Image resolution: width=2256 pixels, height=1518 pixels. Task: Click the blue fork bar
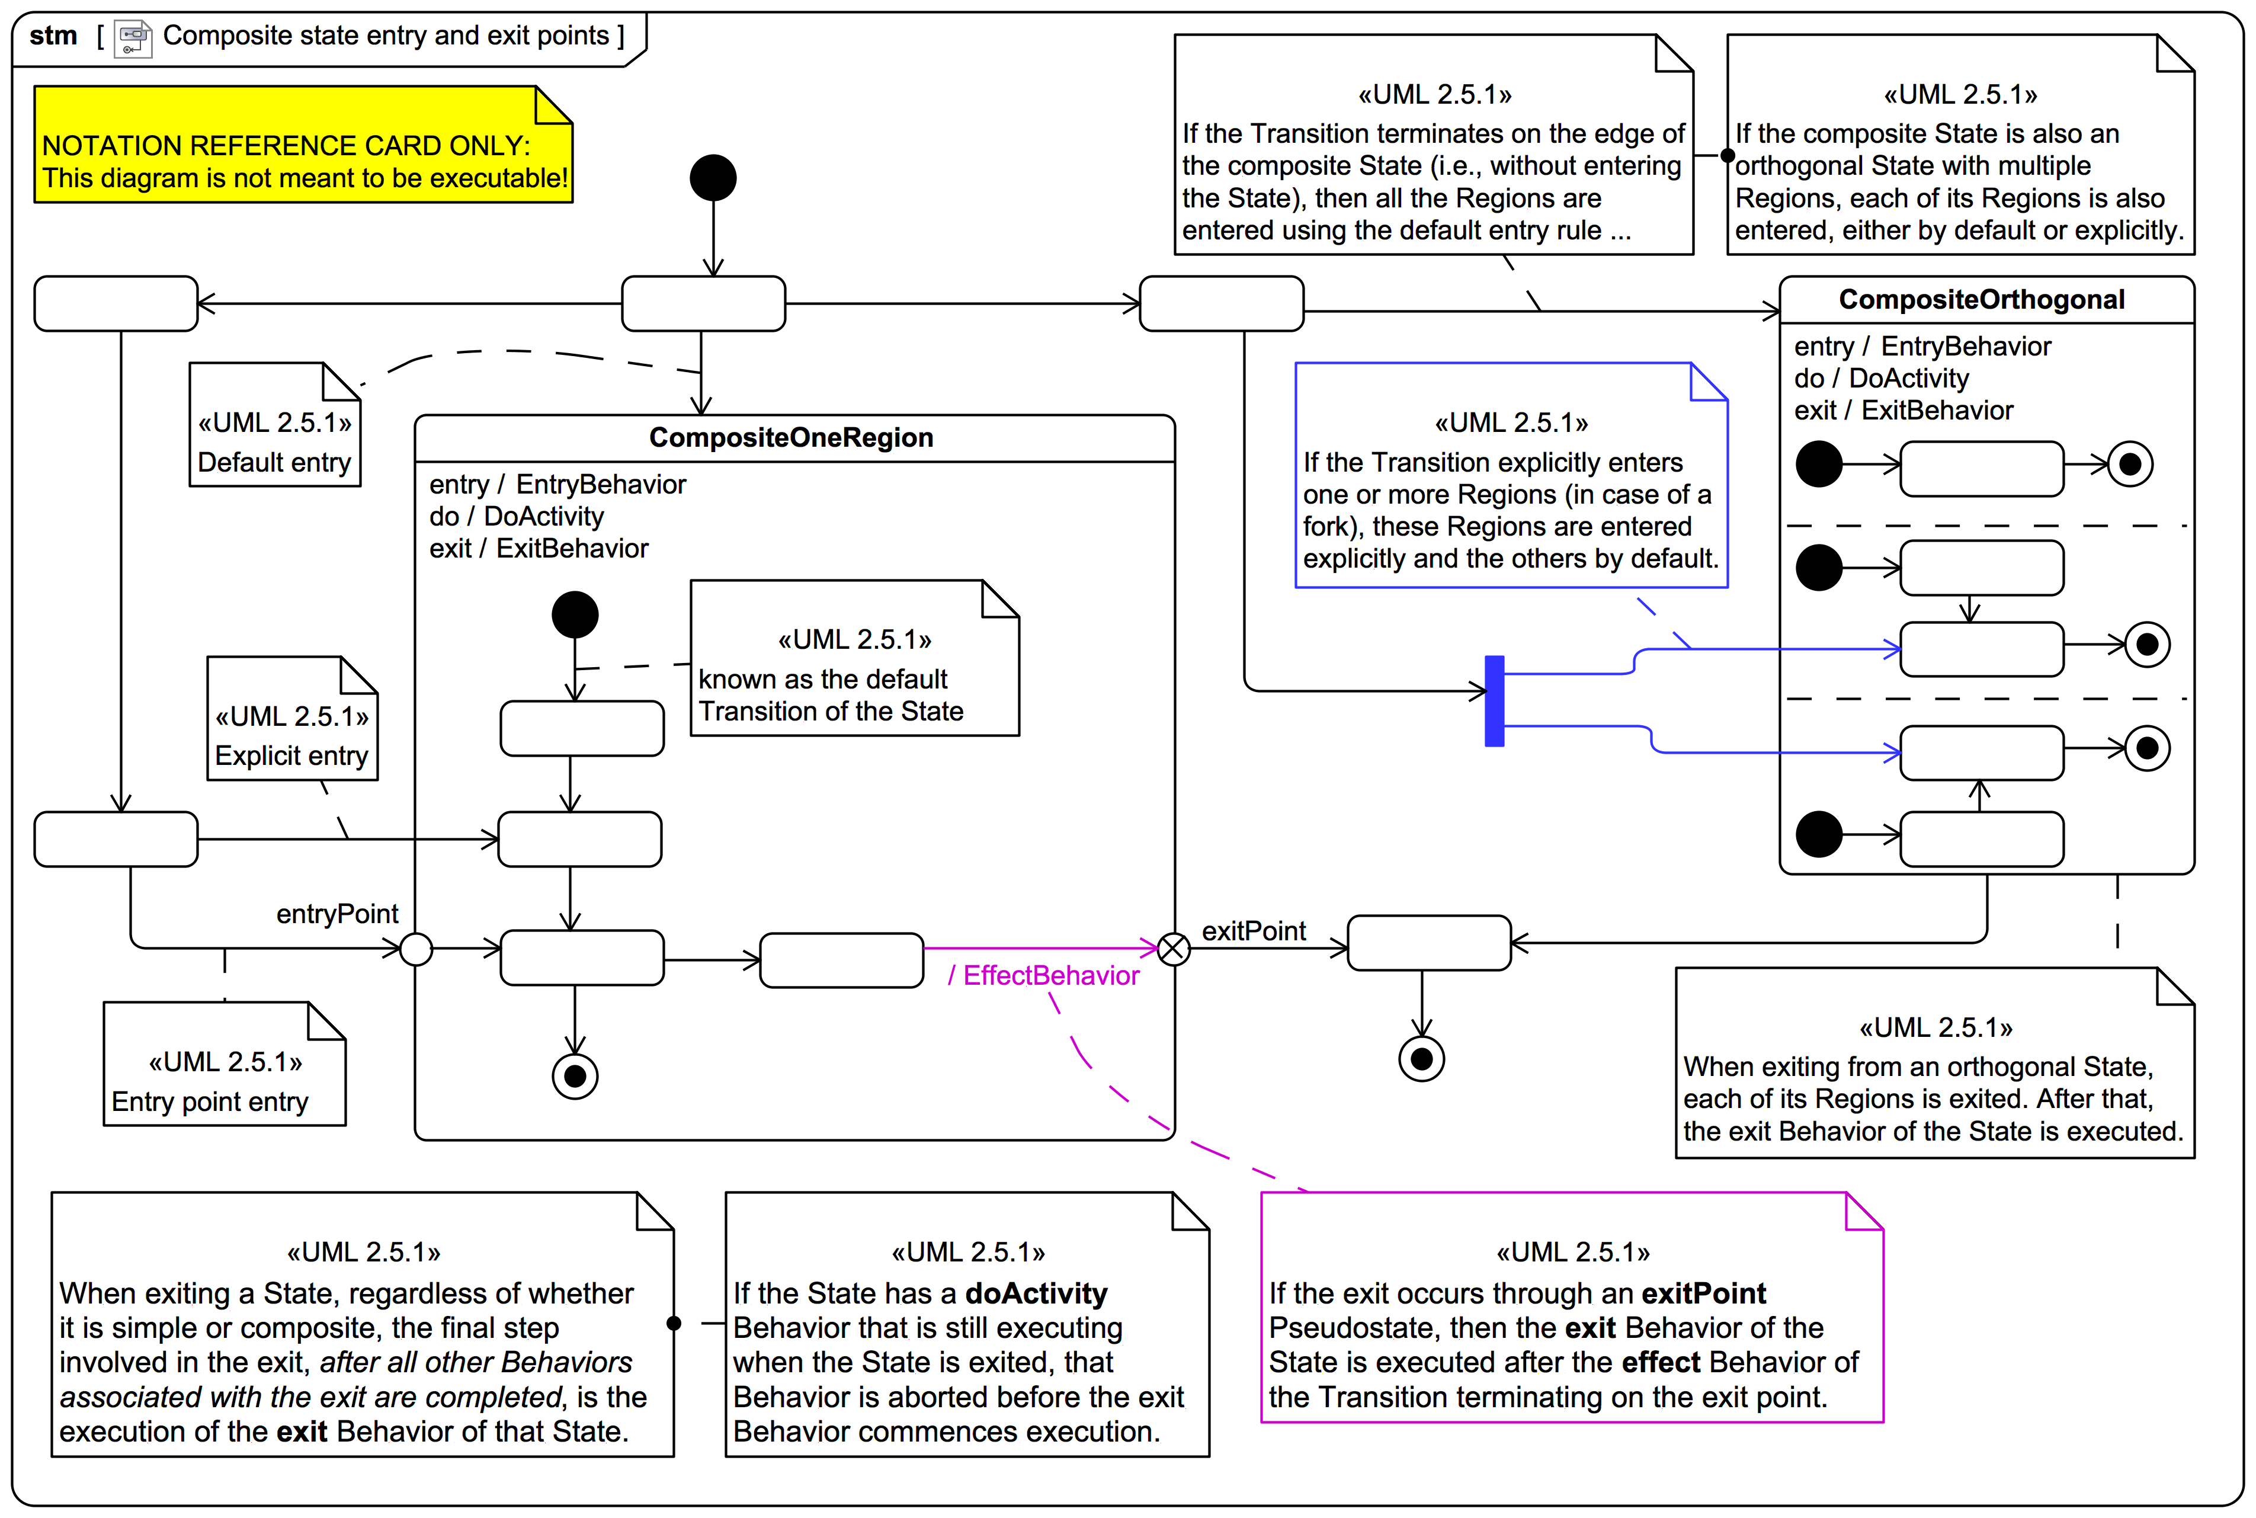[1494, 701]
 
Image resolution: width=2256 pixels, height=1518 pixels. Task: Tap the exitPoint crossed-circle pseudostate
[1174, 949]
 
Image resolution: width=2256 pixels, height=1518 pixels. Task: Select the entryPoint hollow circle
[416, 949]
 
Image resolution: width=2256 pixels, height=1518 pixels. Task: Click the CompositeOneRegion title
[791, 438]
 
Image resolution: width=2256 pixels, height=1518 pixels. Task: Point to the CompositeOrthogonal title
[1981, 300]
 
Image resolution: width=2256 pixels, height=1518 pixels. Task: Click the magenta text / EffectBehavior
[1043, 976]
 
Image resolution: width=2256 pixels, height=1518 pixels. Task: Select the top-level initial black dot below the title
[713, 178]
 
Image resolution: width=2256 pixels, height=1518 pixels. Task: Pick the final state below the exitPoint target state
[1422, 1059]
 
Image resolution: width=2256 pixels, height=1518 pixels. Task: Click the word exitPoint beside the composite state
[1254, 931]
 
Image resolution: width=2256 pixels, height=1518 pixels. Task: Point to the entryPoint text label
[337, 914]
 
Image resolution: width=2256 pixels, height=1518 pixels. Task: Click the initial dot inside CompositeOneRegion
[575, 615]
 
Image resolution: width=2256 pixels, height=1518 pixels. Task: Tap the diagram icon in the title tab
[133, 39]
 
